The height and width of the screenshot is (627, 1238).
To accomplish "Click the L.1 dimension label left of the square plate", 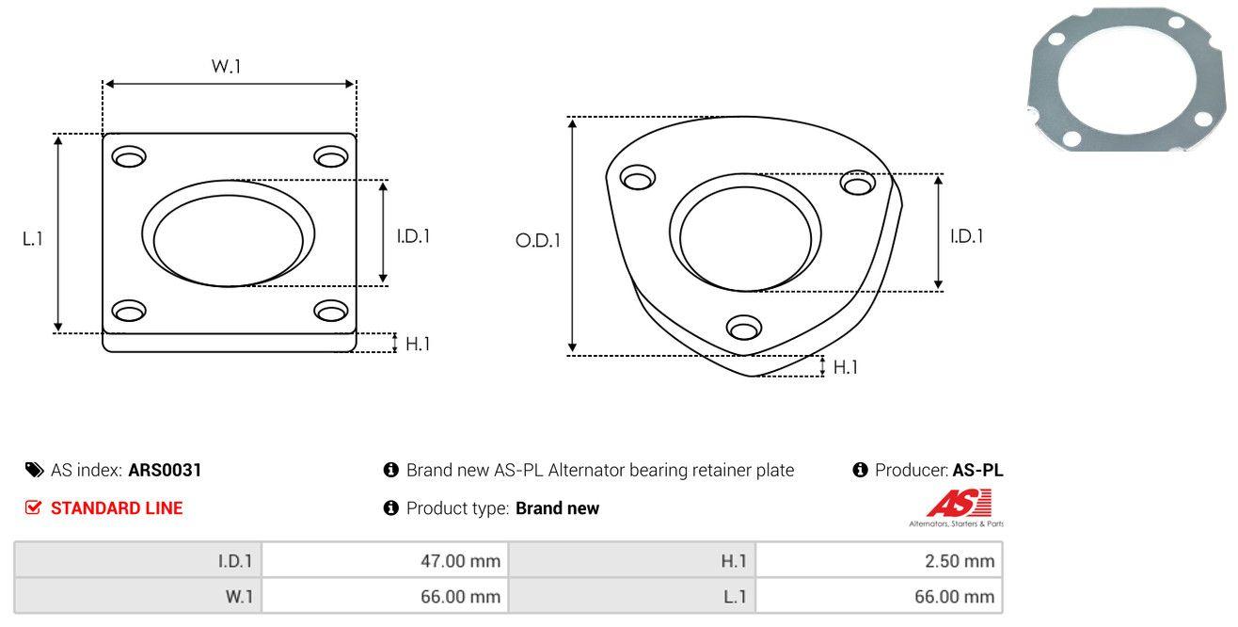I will pyautogui.click(x=33, y=239).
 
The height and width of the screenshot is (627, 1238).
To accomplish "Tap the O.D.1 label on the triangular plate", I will pyautogui.click(x=537, y=241).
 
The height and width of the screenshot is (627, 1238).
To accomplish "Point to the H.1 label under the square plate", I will pyautogui.click(x=418, y=345).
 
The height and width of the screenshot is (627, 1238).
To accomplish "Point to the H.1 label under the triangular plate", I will pyautogui.click(x=846, y=367).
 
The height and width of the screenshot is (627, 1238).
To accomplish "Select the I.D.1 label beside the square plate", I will pyautogui.click(x=413, y=237).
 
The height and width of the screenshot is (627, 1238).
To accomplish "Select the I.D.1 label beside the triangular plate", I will pyautogui.click(x=966, y=237).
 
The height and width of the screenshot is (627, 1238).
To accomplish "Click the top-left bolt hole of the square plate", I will pyautogui.click(x=130, y=155).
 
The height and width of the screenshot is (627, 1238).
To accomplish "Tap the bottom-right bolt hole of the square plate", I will pyautogui.click(x=330, y=311).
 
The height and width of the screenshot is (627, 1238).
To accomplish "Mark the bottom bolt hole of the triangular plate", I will pyautogui.click(x=744, y=329).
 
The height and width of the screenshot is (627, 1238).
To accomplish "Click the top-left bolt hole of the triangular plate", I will pyautogui.click(x=638, y=178).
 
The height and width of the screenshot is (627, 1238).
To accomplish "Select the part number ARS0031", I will pyautogui.click(x=165, y=470).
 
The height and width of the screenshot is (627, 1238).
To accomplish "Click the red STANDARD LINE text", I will pyautogui.click(x=117, y=508).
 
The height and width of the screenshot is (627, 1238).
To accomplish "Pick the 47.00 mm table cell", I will pyautogui.click(x=460, y=562).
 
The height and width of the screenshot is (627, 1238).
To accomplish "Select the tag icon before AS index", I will pyautogui.click(x=33, y=470).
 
